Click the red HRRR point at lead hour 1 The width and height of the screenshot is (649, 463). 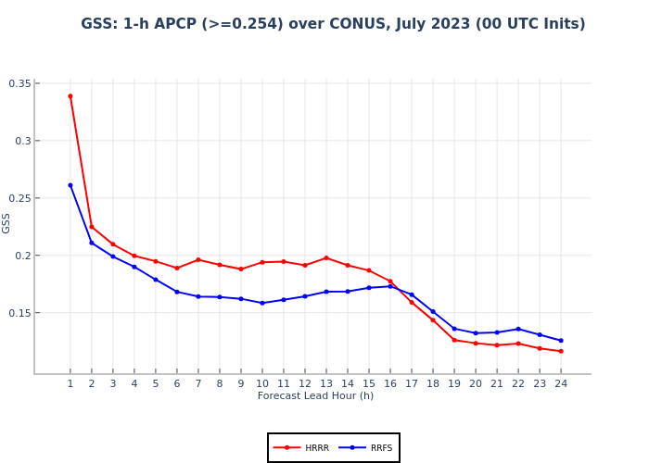point(70,95)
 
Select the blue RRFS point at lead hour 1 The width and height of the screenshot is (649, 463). point(70,185)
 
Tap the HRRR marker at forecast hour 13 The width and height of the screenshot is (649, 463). point(326,257)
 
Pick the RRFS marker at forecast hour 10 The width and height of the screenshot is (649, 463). point(262,303)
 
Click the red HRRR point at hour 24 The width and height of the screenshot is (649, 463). point(561,351)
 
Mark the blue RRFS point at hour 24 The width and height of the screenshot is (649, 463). point(561,340)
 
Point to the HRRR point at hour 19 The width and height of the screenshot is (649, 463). point(454,340)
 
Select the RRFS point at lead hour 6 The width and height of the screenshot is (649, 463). point(177,292)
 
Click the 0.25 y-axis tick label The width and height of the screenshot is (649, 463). point(19,198)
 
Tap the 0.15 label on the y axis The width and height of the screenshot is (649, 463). point(19,313)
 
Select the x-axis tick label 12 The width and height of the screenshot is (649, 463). point(305,383)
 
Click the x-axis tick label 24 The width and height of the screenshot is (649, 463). point(561,383)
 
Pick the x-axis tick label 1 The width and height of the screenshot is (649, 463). point(70,383)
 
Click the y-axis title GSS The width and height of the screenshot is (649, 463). point(6,223)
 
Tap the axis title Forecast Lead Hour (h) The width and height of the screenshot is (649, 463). point(315,396)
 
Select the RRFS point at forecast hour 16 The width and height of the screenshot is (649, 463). point(390,286)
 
